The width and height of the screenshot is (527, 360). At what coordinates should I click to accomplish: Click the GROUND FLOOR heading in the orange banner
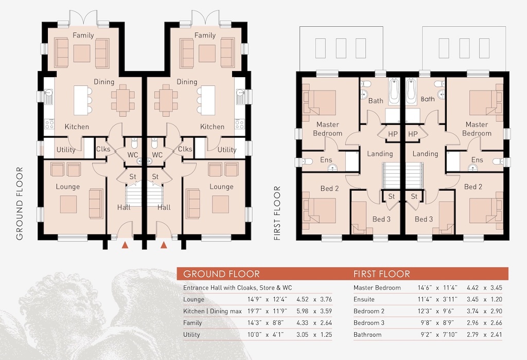(221, 274)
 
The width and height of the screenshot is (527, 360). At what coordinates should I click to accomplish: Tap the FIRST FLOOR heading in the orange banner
(381, 274)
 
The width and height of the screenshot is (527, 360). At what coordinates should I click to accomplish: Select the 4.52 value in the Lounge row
(303, 299)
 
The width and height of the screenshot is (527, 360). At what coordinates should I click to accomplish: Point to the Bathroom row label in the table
(367, 334)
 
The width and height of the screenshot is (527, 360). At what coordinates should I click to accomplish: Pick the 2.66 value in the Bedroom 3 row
(496, 323)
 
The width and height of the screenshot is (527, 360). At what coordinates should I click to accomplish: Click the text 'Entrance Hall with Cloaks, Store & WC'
(238, 287)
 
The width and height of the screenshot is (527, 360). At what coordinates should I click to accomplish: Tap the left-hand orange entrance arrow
(125, 245)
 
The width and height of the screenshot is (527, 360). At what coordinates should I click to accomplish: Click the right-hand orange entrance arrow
(164, 245)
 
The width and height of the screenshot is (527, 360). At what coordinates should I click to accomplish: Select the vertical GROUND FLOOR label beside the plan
(20, 204)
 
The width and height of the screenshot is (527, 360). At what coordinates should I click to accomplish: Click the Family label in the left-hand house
(83, 35)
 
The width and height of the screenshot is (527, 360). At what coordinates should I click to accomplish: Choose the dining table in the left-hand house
(123, 98)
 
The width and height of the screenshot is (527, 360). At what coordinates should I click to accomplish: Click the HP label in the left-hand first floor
(393, 134)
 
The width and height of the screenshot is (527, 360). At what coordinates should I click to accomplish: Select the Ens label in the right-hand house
(477, 160)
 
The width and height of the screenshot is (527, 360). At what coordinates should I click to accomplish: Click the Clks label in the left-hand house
(103, 149)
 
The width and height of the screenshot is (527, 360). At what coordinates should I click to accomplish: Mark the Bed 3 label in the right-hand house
(424, 219)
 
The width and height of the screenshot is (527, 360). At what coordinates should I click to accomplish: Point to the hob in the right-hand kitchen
(240, 124)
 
